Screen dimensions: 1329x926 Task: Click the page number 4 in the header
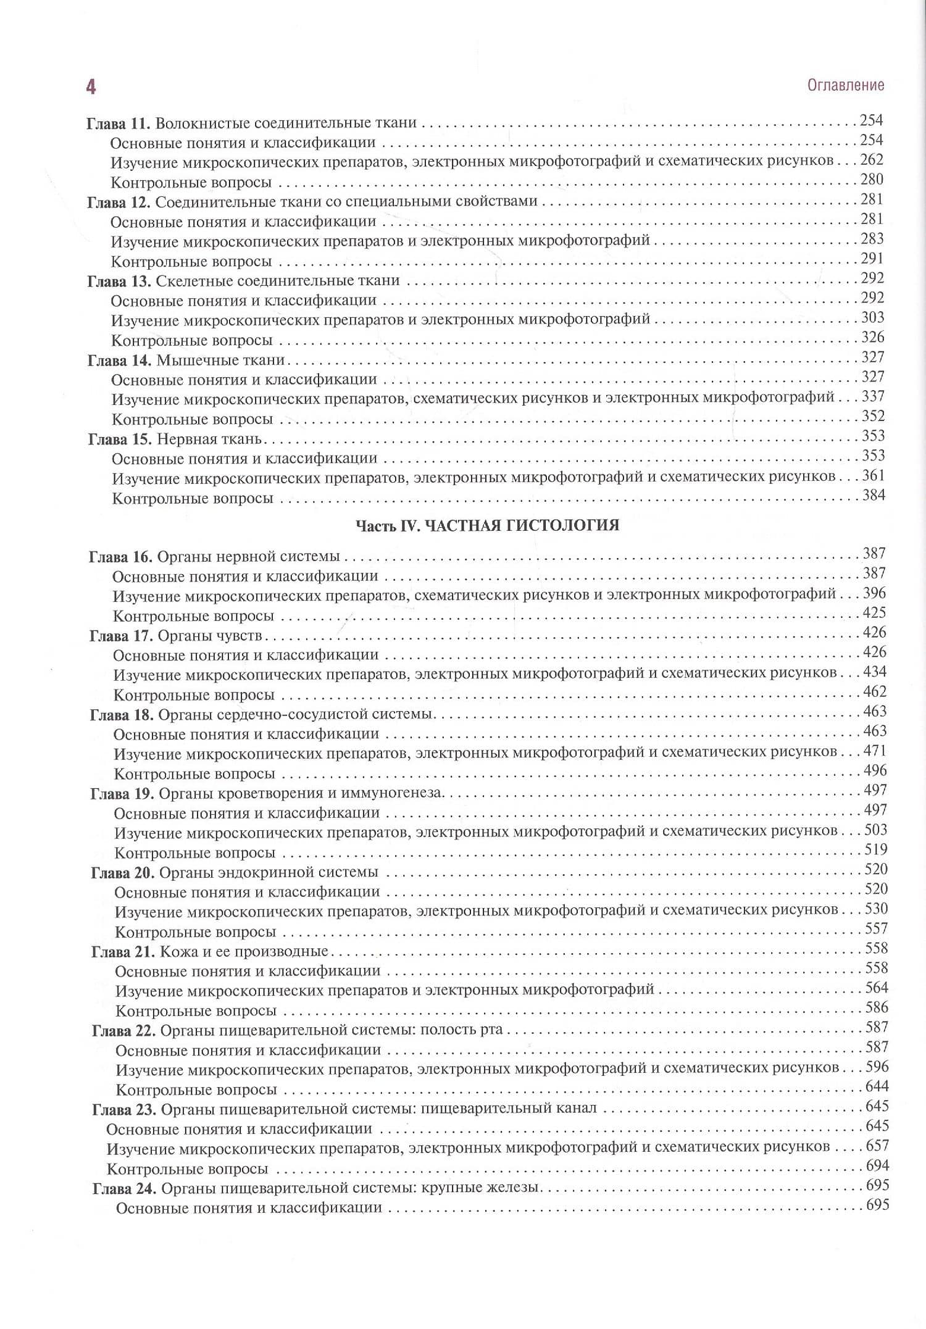click(91, 87)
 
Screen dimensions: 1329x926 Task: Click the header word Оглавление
click(845, 85)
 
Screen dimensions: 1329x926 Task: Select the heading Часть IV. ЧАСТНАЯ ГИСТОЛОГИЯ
click(487, 525)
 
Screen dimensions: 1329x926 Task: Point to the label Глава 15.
click(120, 440)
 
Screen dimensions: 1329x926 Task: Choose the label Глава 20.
click(122, 873)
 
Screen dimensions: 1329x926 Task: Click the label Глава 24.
click(123, 1188)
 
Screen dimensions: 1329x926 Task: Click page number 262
click(872, 160)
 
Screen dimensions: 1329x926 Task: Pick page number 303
click(873, 318)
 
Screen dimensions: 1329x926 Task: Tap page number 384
click(874, 495)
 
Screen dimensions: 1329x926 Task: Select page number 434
click(875, 672)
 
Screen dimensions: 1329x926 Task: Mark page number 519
click(876, 849)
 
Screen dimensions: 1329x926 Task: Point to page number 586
click(877, 1007)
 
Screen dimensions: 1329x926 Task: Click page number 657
click(877, 1146)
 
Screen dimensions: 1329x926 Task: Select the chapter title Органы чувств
click(210, 635)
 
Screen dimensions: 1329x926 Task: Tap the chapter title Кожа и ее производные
click(244, 951)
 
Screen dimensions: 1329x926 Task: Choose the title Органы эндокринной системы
click(269, 872)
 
